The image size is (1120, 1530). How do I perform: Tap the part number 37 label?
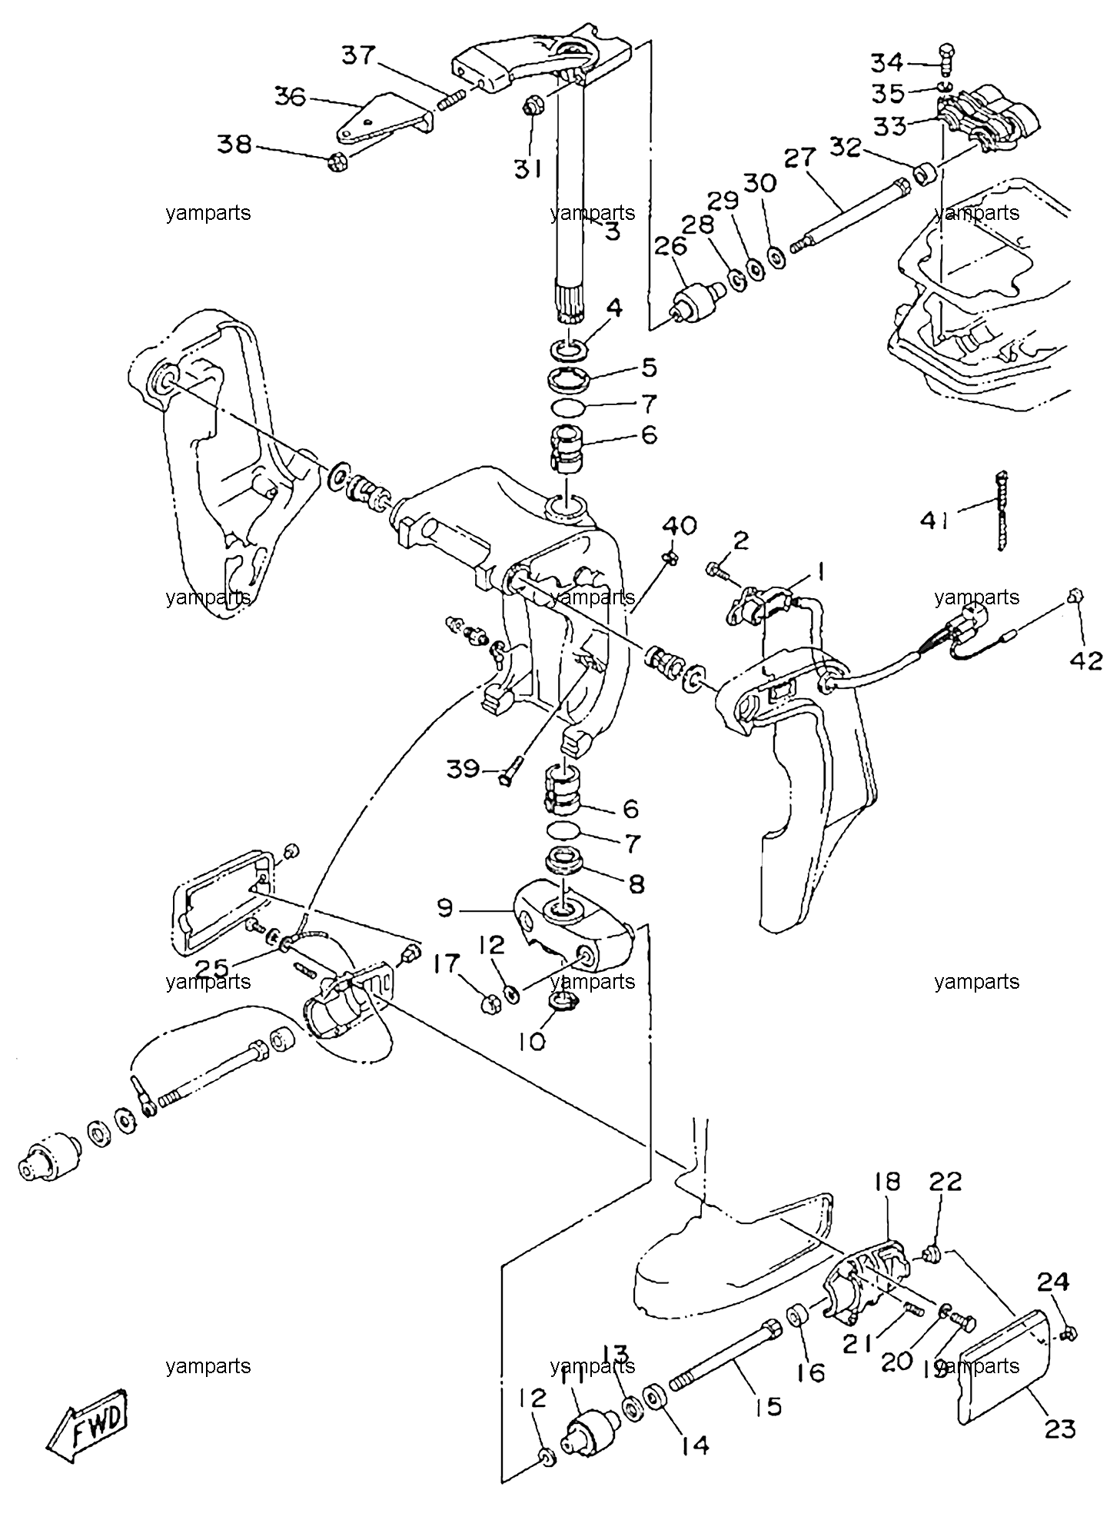tap(359, 55)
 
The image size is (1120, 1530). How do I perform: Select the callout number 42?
tap(1086, 660)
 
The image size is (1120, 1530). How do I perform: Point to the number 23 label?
tap(1059, 1428)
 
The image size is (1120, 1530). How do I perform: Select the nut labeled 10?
tap(565, 1002)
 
